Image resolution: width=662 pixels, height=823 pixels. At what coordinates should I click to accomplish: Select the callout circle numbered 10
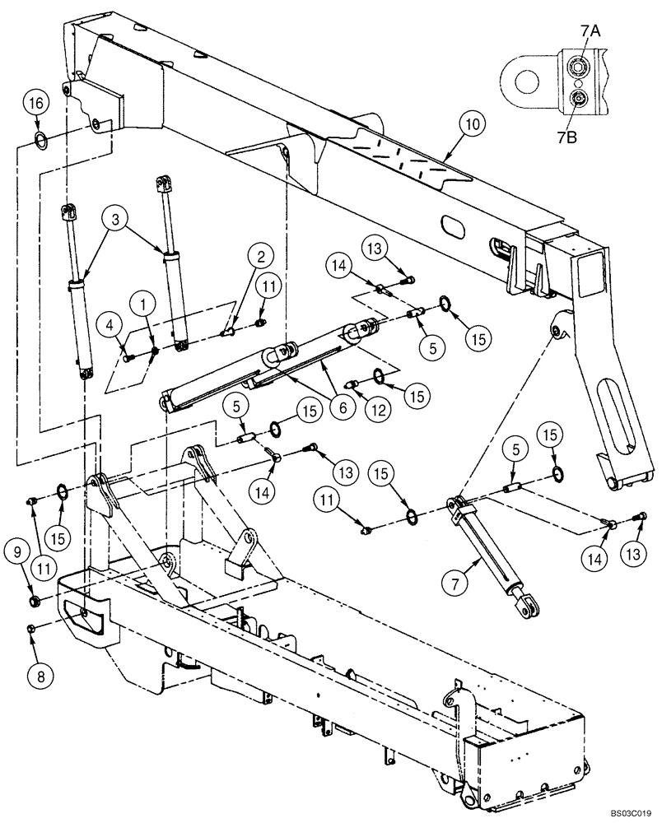coord(469,125)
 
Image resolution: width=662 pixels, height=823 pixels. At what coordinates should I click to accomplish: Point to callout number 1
coord(145,305)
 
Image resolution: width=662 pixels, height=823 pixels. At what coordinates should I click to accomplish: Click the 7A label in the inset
coord(590,32)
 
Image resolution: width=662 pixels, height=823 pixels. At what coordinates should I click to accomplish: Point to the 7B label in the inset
coord(590,136)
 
